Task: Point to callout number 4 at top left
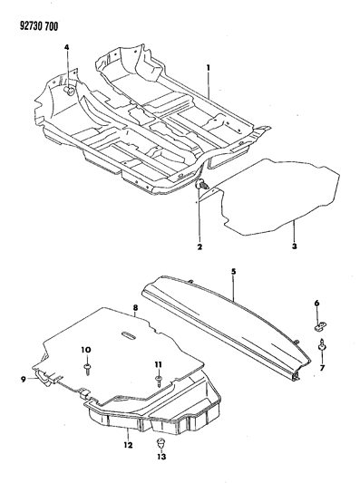(233, 270)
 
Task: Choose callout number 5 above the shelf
(317, 303)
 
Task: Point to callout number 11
(127, 444)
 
